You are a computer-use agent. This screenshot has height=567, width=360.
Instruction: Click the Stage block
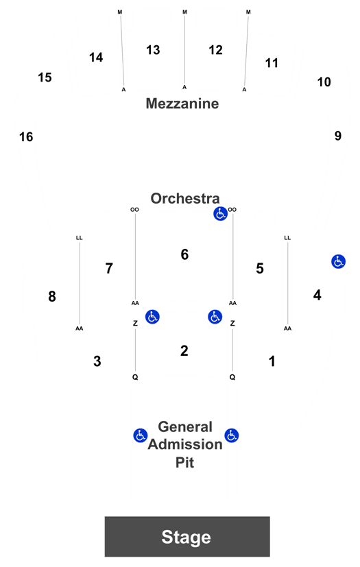tap(187, 536)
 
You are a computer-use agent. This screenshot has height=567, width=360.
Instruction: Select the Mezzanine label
tap(182, 104)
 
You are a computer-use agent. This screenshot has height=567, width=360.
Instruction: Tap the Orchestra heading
tap(185, 198)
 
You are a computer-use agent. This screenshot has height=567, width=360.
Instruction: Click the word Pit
tap(184, 462)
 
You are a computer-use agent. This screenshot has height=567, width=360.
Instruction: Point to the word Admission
tap(185, 444)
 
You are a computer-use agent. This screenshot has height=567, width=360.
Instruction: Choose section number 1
tap(272, 361)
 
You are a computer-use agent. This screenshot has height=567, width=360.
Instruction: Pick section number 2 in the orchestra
tap(184, 351)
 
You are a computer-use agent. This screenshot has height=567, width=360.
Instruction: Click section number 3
tap(97, 361)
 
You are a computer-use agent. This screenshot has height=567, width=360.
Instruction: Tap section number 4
tap(317, 295)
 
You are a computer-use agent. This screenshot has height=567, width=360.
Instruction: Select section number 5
tap(260, 268)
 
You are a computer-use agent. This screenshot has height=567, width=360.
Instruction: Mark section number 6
tap(184, 254)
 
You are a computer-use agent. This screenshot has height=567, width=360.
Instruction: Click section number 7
tap(109, 268)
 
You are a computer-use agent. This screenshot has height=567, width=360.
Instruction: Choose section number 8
tap(52, 296)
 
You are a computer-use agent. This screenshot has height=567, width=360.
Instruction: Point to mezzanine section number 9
tap(337, 136)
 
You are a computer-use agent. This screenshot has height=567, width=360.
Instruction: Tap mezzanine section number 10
tap(324, 82)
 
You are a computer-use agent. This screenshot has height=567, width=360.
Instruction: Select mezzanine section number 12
tap(215, 50)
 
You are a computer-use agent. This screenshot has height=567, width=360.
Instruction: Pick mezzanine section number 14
tap(96, 57)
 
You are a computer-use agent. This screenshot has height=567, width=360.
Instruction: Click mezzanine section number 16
tap(26, 137)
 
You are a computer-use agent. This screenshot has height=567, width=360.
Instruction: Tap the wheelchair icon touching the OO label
tap(220, 214)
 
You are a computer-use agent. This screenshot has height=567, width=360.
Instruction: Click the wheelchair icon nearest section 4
tap(338, 261)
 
